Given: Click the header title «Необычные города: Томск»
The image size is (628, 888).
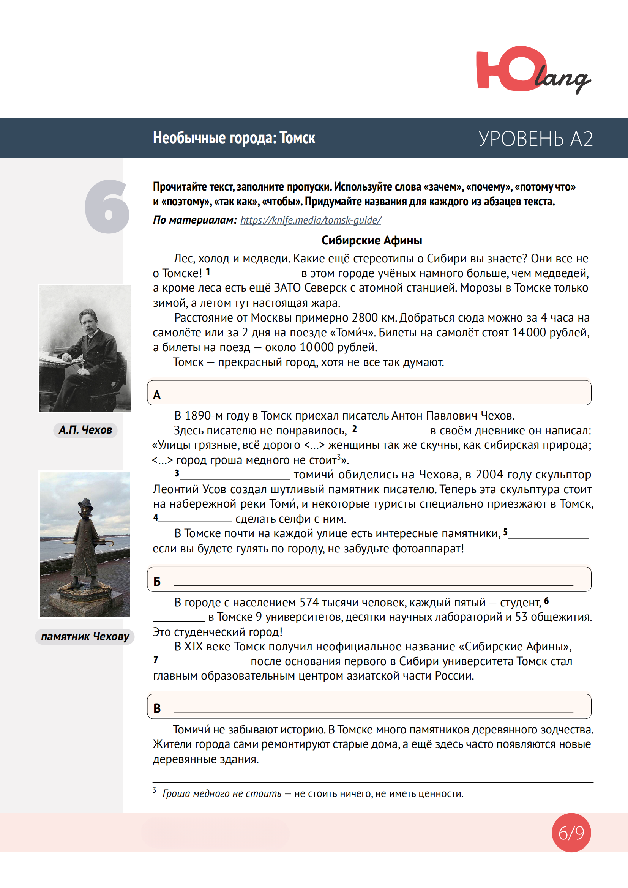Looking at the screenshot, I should (234, 138).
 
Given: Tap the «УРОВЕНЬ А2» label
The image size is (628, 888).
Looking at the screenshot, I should (535, 139).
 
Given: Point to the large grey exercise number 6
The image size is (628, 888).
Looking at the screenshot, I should (107, 207).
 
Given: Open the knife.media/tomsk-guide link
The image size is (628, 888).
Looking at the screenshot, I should (311, 220).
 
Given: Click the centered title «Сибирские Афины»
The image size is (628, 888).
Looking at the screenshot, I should (372, 241).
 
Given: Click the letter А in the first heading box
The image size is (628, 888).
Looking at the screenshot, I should (156, 395).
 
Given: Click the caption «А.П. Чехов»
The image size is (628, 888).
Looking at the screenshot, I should (85, 430).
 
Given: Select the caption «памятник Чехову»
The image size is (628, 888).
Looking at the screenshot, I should (85, 637).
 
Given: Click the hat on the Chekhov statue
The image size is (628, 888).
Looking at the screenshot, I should (85, 503).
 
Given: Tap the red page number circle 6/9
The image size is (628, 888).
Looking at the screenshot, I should (571, 833).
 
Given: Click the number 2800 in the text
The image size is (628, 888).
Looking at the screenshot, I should (364, 318).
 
